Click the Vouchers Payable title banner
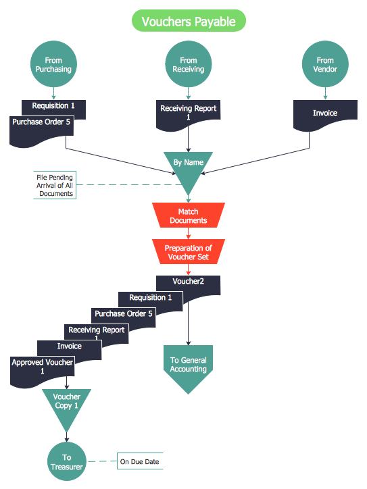click(189, 22)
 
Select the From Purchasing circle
click(53, 65)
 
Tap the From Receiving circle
click(189, 65)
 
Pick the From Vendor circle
click(324, 65)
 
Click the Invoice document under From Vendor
click(324, 113)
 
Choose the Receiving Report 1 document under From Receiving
click(189, 113)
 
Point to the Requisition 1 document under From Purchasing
click(54, 106)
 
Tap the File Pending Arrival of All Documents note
click(55, 185)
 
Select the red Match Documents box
click(188, 216)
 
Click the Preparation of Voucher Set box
click(188, 253)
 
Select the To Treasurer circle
click(66, 462)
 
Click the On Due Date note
click(140, 462)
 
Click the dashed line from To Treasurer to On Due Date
click(101, 462)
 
